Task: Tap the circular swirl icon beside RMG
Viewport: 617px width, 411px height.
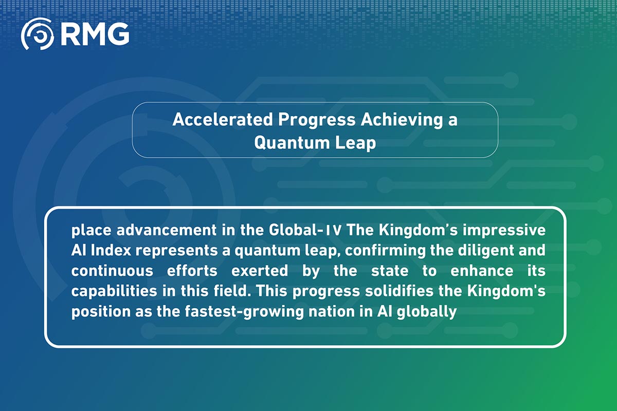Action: coord(37,34)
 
